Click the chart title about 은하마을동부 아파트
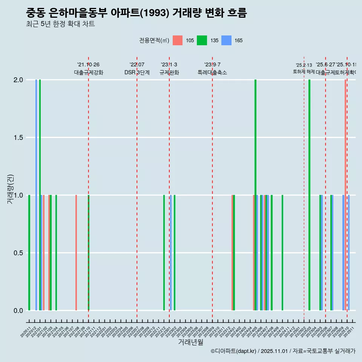pyautogui.click(x=136, y=13)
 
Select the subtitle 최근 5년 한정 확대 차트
pyautogui.click(x=60, y=24)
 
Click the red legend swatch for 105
pyautogui.click(x=178, y=40)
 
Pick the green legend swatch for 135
pyautogui.click(x=202, y=40)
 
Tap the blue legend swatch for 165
pyautogui.click(x=226, y=40)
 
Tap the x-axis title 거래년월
pyautogui.click(x=190, y=342)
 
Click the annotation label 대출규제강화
pyautogui.click(x=88, y=73)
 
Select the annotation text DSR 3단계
pyautogui.click(x=137, y=73)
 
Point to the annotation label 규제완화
pyautogui.click(x=169, y=73)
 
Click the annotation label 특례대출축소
pyautogui.click(x=212, y=73)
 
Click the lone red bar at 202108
pyautogui.click(x=76, y=253)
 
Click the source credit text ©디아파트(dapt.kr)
pyautogui.click(x=234, y=351)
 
